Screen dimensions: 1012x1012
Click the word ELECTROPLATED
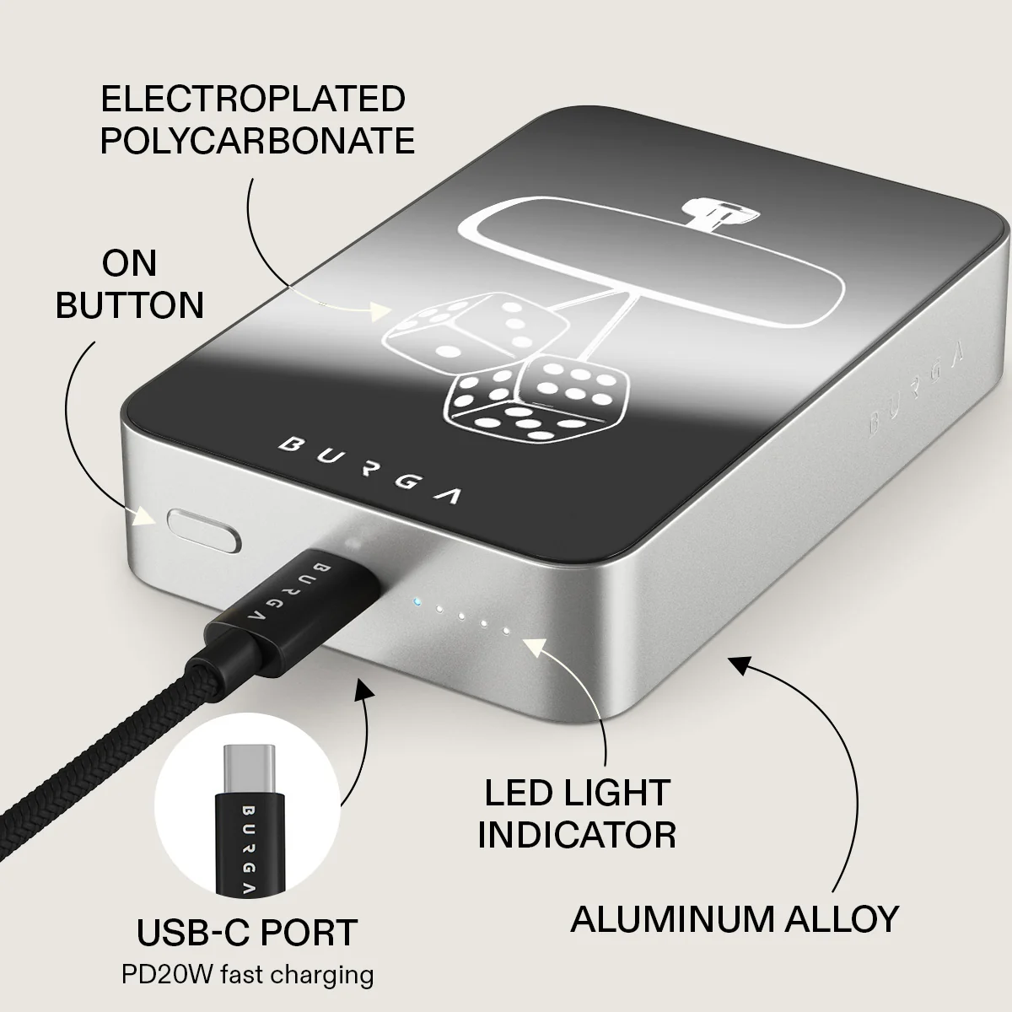pos(253,99)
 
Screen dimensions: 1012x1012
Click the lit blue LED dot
pos(417,601)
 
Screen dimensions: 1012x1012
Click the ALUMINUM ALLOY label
pos(735,919)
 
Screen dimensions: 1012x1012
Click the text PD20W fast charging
pos(247,975)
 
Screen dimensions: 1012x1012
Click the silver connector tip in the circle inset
pos(249,770)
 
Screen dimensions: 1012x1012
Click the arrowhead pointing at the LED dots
pos(536,647)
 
